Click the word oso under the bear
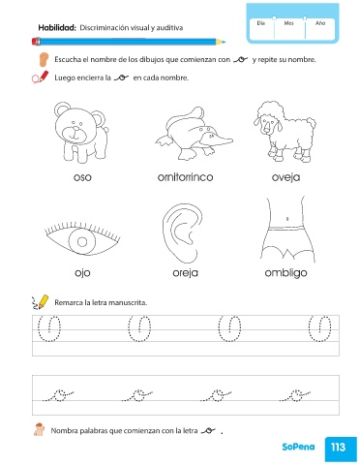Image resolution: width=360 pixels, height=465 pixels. [x=82, y=177]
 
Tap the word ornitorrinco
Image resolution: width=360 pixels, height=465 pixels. [x=185, y=177]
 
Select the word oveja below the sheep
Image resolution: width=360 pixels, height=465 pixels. [x=285, y=177]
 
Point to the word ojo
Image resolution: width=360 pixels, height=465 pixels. [x=82, y=273]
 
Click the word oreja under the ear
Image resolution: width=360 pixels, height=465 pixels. [x=185, y=273]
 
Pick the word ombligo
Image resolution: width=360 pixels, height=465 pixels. [x=285, y=273]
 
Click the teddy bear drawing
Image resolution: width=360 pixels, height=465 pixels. [x=81, y=133]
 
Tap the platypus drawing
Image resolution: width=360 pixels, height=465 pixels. [x=194, y=133]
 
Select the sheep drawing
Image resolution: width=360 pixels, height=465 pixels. [x=285, y=132]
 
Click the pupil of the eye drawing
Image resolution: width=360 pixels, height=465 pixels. [x=82, y=242]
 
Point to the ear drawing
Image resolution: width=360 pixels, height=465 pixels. [x=183, y=233]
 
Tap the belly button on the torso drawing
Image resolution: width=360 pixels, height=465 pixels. [x=287, y=219]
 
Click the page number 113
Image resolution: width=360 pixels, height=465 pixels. [x=338, y=448]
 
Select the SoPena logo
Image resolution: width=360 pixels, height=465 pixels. [x=298, y=447]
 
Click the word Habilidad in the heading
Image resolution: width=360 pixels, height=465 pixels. [x=57, y=28]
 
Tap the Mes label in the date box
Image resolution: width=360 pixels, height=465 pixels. [x=288, y=23]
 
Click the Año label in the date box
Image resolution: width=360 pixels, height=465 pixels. [x=320, y=23]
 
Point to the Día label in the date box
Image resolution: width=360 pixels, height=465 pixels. [x=261, y=23]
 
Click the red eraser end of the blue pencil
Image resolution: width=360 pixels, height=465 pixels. [x=35, y=42]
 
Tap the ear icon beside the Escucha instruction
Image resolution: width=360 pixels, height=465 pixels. [x=43, y=60]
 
